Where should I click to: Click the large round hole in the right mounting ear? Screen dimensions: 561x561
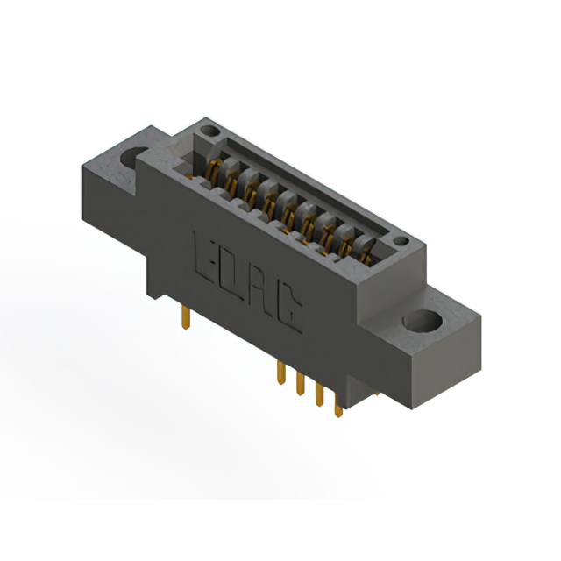pos(423,320)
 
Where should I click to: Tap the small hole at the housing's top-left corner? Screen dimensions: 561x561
pos(210,131)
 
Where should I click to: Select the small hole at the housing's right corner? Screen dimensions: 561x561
pos(401,241)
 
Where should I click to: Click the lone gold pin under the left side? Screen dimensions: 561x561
pos(186,317)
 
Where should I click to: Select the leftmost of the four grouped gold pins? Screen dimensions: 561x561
pos(281,373)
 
